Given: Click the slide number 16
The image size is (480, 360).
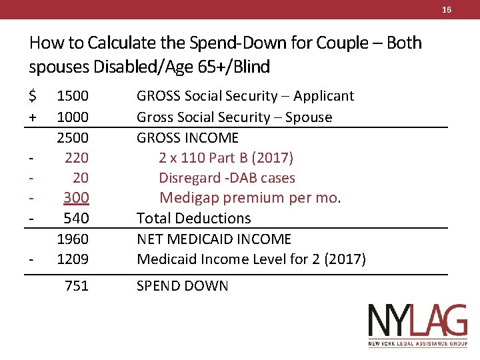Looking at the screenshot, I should tap(447, 9).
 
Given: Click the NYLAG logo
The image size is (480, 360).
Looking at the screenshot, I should tap(418, 325).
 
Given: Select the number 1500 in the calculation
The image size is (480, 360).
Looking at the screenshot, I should tap(73, 96).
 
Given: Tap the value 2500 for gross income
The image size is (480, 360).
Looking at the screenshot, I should tap(73, 137).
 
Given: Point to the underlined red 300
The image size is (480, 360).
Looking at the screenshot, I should tap(76, 198).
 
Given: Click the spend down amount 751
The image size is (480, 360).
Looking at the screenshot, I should tap(77, 286).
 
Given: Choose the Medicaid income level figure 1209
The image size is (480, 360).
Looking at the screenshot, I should tap(73, 259).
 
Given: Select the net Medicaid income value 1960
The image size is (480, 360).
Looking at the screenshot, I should tap(73, 239).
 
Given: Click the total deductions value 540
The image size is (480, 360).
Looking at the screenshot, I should tap(76, 218).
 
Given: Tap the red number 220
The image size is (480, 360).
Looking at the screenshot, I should tap(77, 157).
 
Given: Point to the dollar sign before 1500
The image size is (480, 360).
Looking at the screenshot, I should tap(33, 96).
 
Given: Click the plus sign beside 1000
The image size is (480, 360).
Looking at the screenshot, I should tap(33, 117).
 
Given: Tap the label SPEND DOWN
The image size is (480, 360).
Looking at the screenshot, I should tap(182, 286).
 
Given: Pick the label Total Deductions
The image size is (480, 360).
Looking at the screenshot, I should tap(193, 218).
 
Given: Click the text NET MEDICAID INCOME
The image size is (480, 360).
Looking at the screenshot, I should tap(214, 239).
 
